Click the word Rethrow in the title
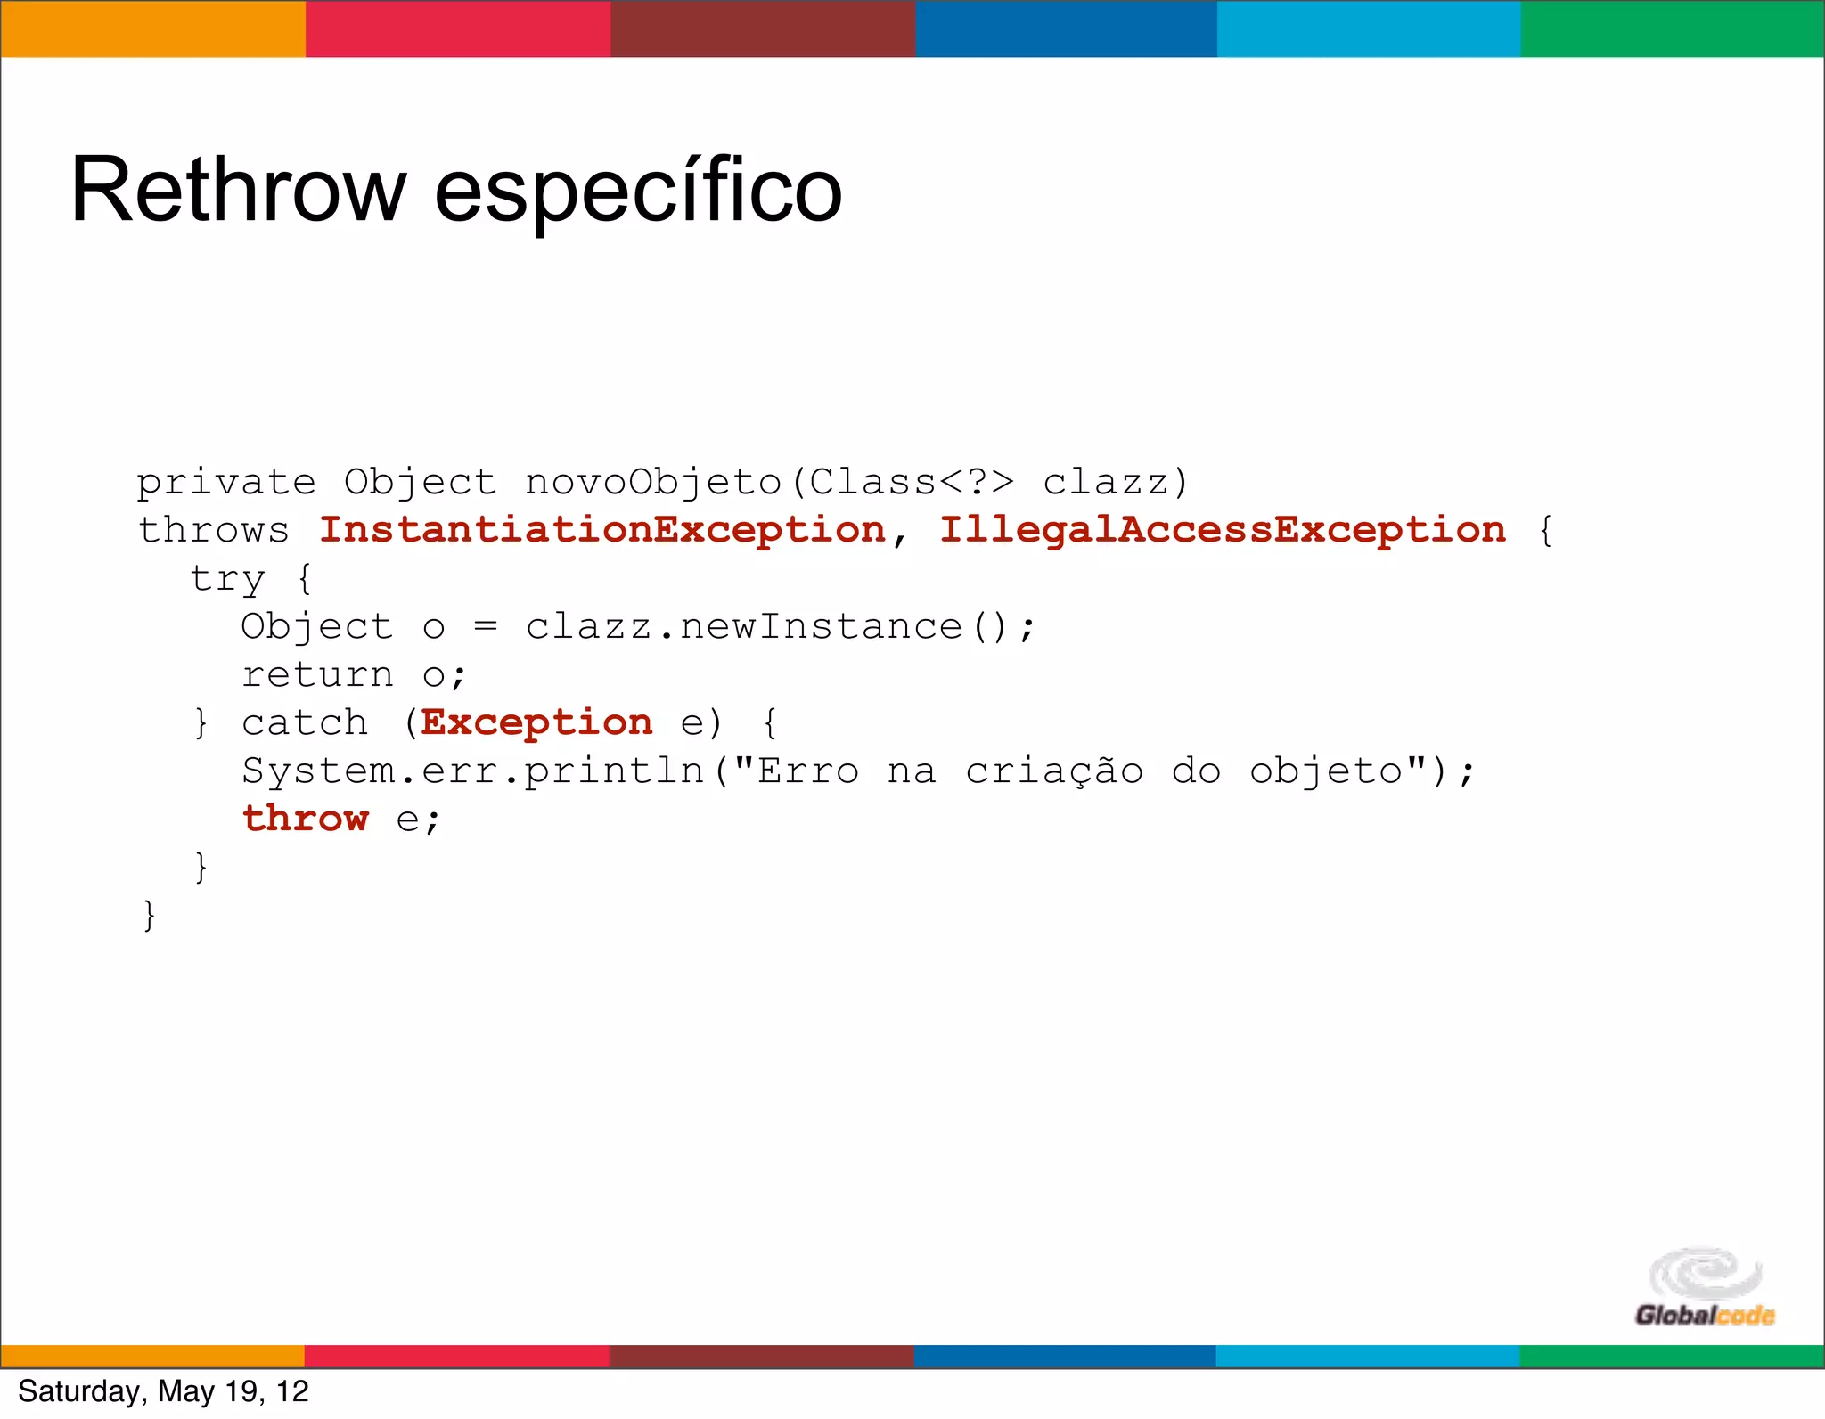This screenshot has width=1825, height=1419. [238, 191]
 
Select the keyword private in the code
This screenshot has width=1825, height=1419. [226, 483]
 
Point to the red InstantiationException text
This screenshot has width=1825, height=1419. [602, 531]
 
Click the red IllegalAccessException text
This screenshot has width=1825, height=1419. [1223, 531]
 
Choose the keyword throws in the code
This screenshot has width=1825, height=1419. [214, 531]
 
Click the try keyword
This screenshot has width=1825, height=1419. [228, 579]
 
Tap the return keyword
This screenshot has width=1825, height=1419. [317, 675]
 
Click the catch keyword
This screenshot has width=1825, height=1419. [305, 723]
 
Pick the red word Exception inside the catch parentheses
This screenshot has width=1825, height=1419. [536, 723]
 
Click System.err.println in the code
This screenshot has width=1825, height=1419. [472, 771]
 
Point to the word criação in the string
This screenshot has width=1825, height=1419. [1054, 771]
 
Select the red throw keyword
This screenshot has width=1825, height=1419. [305, 820]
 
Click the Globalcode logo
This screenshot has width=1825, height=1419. [1705, 1289]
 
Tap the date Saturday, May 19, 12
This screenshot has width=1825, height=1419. [163, 1391]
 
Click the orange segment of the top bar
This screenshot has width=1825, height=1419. [152, 29]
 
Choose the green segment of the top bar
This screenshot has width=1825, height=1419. [1673, 29]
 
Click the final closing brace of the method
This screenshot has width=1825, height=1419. [149, 916]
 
